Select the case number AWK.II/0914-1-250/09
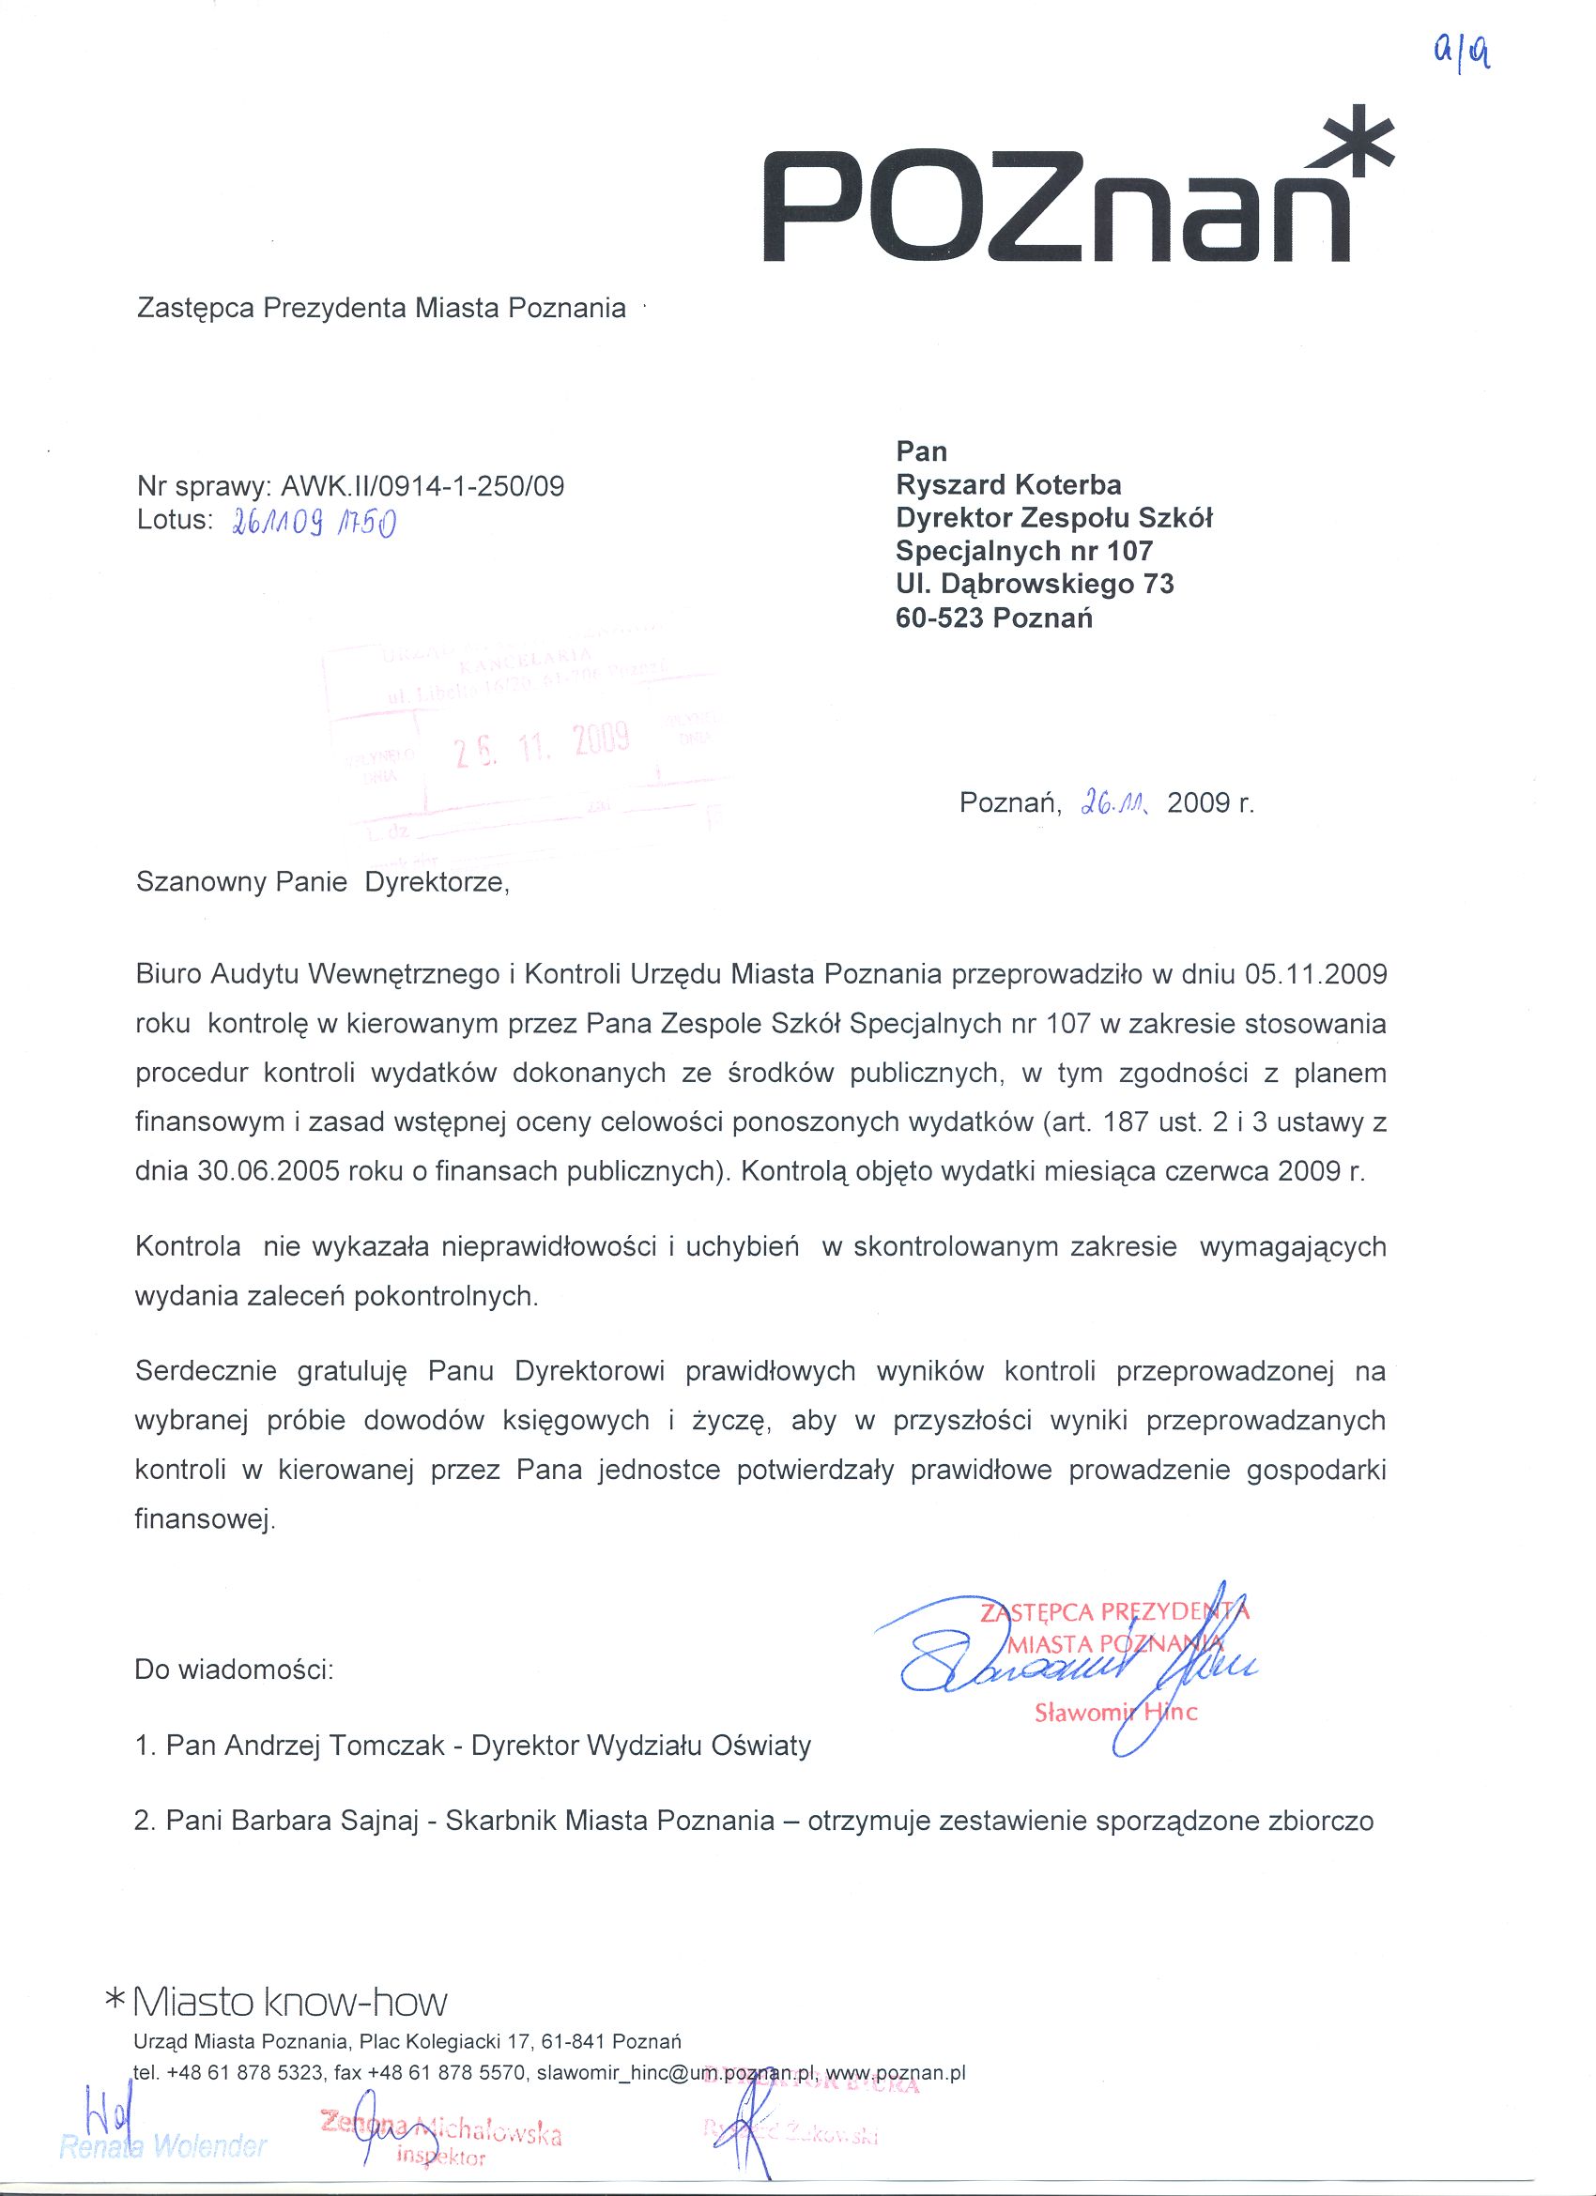422,486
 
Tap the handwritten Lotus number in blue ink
313,523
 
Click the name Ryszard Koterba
1008,485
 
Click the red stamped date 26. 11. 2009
544,744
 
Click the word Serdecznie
207,1371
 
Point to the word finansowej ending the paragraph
205,1519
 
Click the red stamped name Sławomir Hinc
1115,1713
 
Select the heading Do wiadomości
235,1670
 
